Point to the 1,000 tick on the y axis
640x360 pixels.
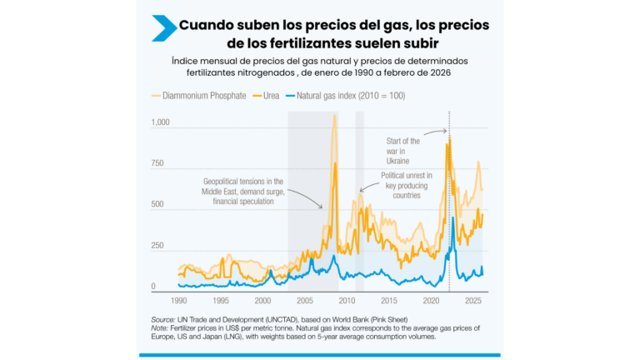pyautogui.click(x=160, y=122)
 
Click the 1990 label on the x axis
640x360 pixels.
pyautogui.click(x=178, y=299)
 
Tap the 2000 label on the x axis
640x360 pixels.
pyautogui.click(x=262, y=299)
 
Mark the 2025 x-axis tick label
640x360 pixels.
pyautogui.click(x=473, y=299)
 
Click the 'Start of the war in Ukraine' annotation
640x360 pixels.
pyautogui.click(x=403, y=151)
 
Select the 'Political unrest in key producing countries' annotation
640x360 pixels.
pyautogui.click(x=406, y=185)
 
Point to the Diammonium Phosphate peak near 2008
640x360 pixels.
pyautogui.click(x=334, y=116)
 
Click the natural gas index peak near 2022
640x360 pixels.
pyautogui.click(x=452, y=218)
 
